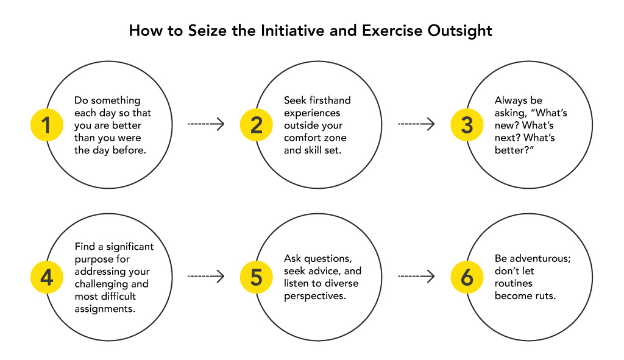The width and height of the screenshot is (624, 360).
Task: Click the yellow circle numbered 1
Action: [x=46, y=125]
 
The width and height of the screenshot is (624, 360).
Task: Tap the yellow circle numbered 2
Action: [x=257, y=125]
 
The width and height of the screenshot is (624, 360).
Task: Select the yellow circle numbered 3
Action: [x=467, y=125]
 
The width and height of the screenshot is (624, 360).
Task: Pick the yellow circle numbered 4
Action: [x=46, y=277]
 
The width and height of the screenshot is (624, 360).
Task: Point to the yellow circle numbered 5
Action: [x=257, y=277]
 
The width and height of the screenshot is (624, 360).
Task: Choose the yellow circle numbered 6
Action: [x=467, y=277]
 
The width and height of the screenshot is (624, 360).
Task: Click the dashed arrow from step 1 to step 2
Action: [x=206, y=124]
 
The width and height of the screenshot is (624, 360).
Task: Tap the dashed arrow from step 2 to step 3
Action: [x=416, y=124]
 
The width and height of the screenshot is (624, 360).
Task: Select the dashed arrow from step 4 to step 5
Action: [x=206, y=277]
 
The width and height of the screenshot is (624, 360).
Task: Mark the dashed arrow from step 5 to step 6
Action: [x=416, y=277]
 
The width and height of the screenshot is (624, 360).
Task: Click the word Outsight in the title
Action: [x=459, y=31]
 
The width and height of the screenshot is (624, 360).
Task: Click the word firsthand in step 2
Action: [x=330, y=101]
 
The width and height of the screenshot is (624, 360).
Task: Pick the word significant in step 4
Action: [x=130, y=247]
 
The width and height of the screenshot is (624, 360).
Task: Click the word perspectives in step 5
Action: [x=315, y=297]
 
